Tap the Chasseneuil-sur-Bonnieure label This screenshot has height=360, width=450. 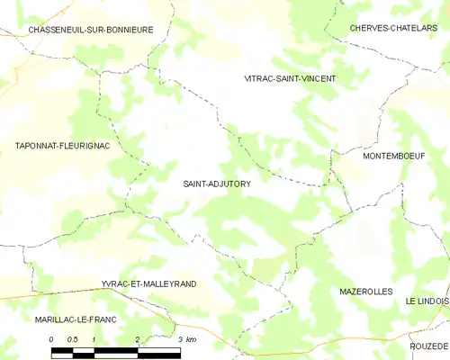[90, 30]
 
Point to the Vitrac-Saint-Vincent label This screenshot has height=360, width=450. [290, 78]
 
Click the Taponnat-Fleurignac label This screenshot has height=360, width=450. [56, 145]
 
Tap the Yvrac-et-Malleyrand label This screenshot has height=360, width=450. [149, 283]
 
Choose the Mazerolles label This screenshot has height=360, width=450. [366, 292]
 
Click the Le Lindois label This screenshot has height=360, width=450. [427, 300]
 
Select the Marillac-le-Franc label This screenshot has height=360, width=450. [64, 319]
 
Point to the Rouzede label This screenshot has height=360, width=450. [428, 346]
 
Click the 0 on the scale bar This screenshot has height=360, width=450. [51, 338]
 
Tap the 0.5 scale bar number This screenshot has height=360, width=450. [72, 338]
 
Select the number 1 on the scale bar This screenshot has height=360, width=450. [94, 338]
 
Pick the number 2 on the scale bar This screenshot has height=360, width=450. [137, 338]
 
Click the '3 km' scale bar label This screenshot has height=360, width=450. [186, 338]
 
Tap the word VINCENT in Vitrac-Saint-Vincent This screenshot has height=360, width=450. [316, 78]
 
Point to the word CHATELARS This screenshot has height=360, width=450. [419, 28]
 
